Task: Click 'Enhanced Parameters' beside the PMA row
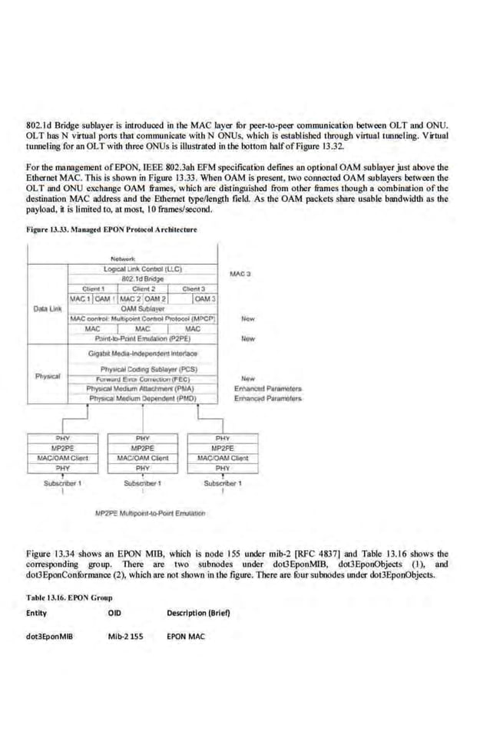tap(267, 388)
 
